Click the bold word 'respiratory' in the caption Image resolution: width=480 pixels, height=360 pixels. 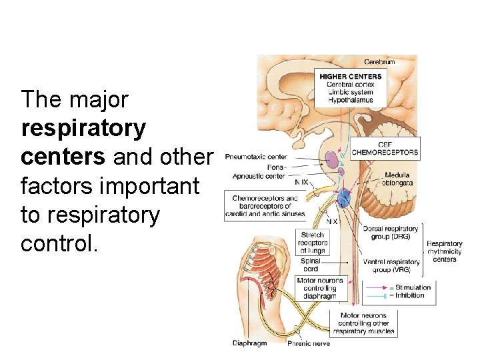(x=83, y=128)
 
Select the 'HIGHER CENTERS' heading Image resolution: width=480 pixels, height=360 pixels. (x=351, y=77)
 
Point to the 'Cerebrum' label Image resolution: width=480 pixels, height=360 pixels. (x=379, y=62)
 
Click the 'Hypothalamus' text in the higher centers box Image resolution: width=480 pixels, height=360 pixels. (x=351, y=101)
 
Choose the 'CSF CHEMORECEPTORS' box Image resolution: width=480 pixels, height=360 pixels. (x=385, y=148)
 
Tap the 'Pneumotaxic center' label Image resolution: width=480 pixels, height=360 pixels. (x=256, y=157)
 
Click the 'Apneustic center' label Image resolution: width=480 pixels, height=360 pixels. (x=259, y=176)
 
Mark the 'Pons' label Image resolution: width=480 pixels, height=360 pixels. (x=275, y=167)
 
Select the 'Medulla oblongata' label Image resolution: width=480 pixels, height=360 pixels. (x=397, y=179)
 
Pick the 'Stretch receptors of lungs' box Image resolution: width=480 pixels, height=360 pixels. (x=313, y=243)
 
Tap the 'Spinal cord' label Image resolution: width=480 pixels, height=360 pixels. (x=311, y=265)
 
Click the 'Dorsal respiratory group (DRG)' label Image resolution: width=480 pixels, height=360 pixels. (x=391, y=233)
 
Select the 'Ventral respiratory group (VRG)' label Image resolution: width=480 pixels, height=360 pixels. (x=391, y=265)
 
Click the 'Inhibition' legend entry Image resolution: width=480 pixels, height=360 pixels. (x=411, y=295)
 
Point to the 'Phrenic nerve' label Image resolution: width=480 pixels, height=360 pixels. (x=308, y=344)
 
